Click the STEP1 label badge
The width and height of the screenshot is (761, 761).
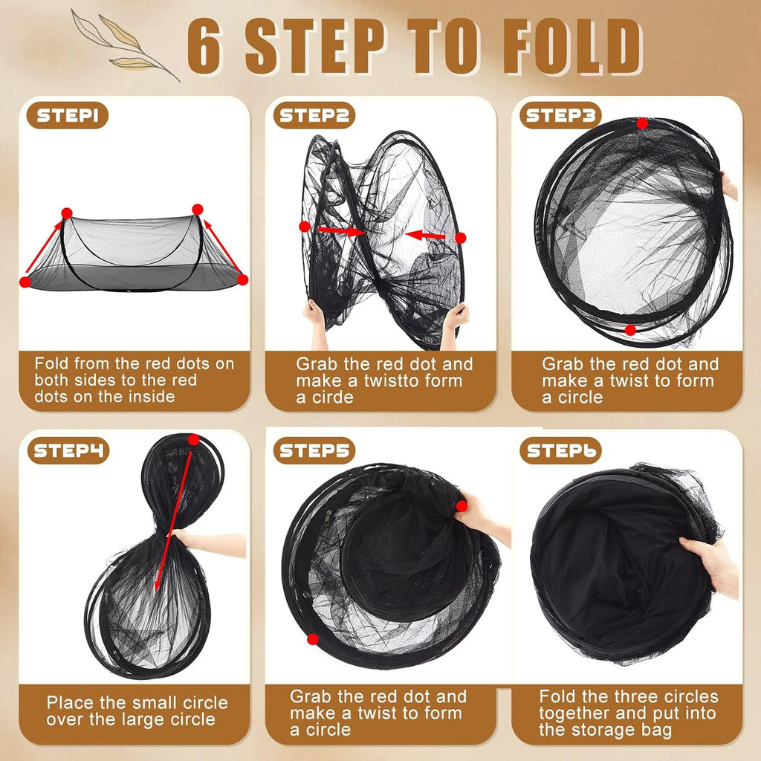68,117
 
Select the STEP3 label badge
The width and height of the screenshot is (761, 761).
560,117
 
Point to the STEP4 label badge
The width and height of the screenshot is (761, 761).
68,450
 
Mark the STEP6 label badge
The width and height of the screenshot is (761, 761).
560,450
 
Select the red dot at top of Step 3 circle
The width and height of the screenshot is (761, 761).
642,123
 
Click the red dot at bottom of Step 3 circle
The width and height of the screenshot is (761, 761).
630,329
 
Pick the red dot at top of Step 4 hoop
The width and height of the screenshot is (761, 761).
194,440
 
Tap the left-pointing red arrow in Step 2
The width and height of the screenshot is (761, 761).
426,236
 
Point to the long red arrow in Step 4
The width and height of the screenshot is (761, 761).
172,520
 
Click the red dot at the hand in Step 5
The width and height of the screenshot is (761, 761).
462,506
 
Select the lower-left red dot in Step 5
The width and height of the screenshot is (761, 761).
313,638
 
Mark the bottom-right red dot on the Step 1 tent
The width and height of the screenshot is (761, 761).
242,279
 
